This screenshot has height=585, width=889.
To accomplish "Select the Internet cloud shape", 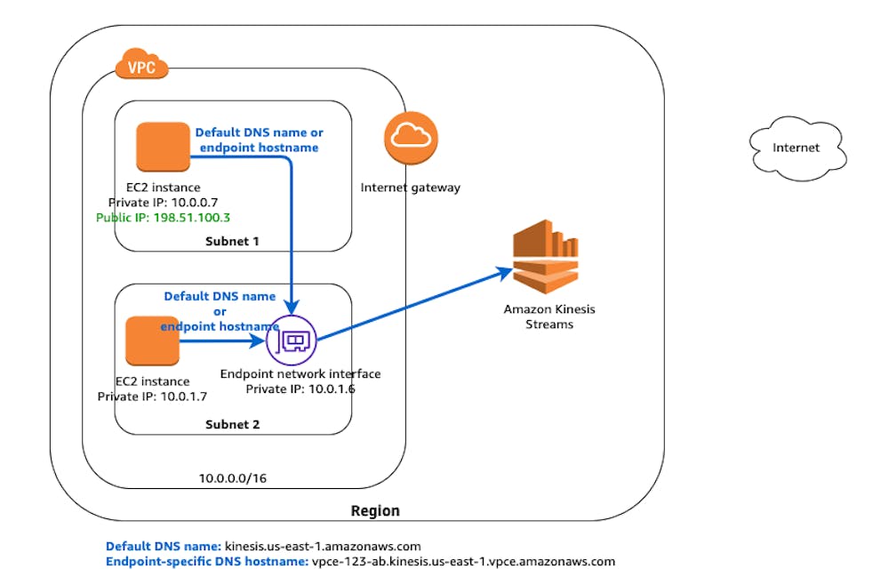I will point(796,148).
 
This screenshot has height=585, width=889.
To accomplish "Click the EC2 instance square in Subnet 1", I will point(163,147).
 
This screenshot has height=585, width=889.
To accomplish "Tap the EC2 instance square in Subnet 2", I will point(152,341).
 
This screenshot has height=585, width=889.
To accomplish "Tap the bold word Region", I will point(375,511).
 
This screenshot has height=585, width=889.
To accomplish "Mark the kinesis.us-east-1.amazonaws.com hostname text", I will point(323,546).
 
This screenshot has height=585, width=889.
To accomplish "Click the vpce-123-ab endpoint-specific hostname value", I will point(463,562).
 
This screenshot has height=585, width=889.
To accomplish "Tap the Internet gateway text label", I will point(411,188).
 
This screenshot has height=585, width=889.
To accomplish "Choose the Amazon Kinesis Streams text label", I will point(549,317).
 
